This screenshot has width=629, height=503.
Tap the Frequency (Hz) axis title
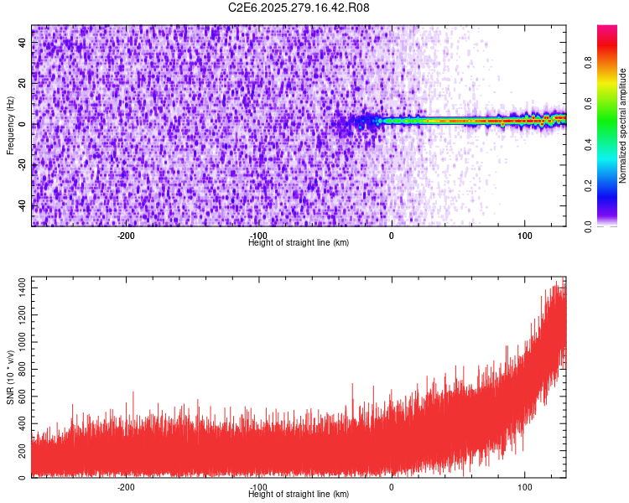[10, 125]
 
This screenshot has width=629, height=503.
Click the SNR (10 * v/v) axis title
[10, 376]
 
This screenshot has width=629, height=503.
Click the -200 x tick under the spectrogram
[126, 235]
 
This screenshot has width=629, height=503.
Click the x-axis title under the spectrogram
[299, 243]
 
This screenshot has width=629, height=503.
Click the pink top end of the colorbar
[607, 29]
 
